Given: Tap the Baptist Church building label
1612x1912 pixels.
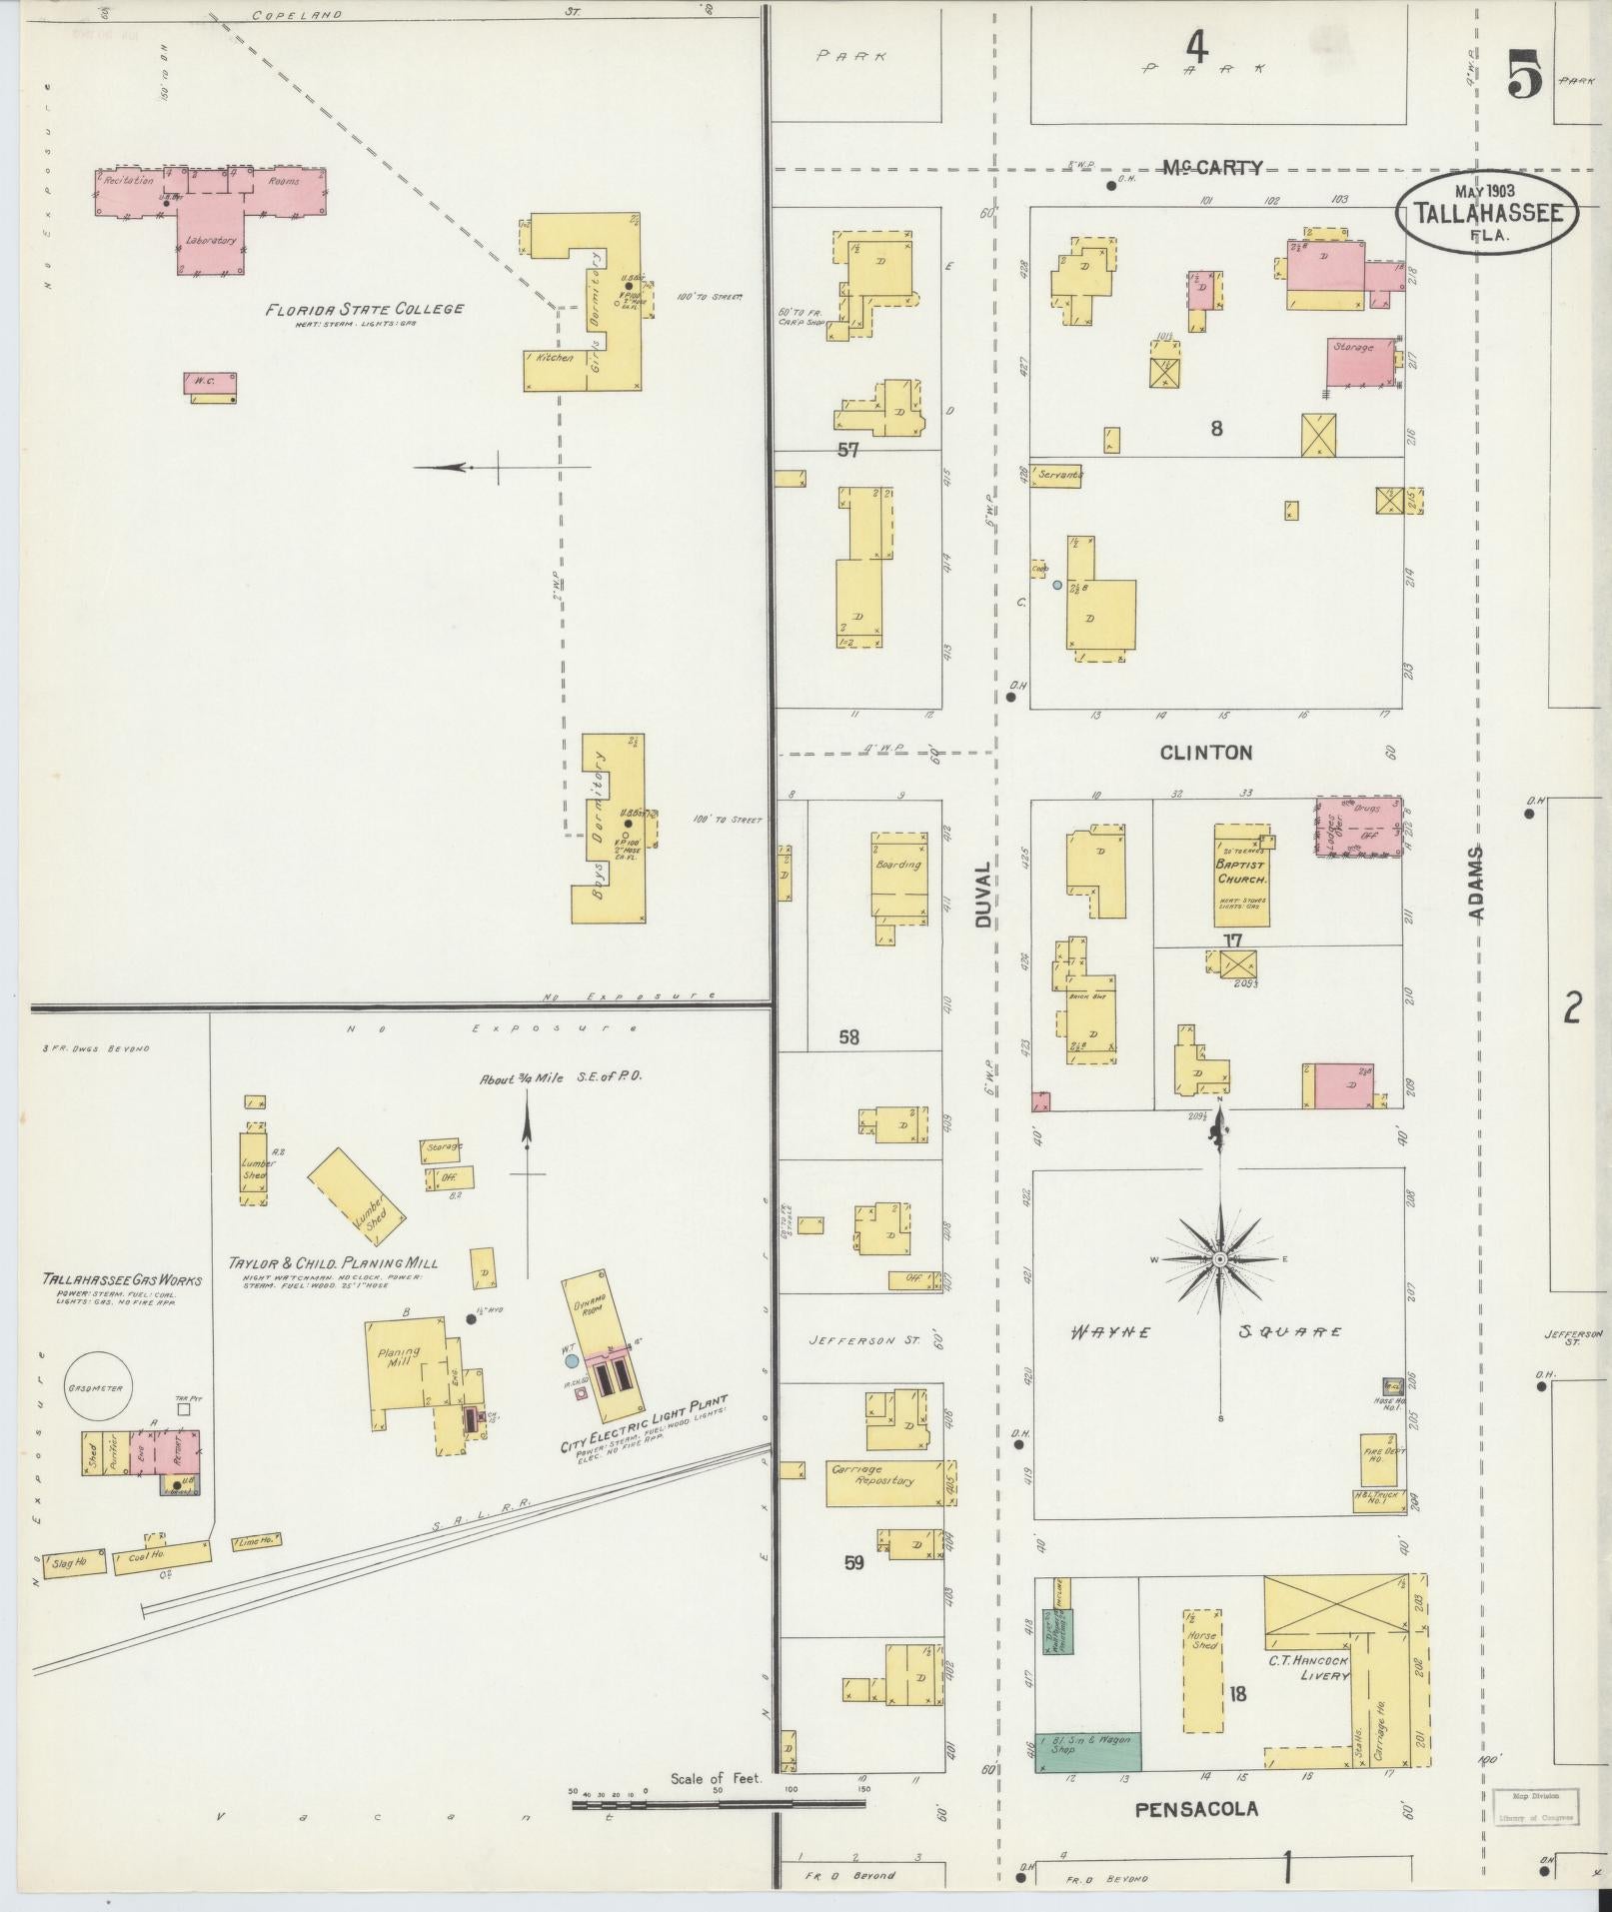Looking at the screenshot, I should tap(1241, 873).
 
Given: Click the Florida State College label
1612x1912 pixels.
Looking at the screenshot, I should tap(364, 309).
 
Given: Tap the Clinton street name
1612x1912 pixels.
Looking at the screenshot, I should tap(1205, 753).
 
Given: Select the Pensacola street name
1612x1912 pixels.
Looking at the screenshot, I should tap(1196, 1808).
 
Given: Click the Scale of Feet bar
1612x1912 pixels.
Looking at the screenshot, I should tap(718, 1804).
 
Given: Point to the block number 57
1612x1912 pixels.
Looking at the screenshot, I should tap(847, 451).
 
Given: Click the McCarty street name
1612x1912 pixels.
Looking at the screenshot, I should tap(1212, 168).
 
